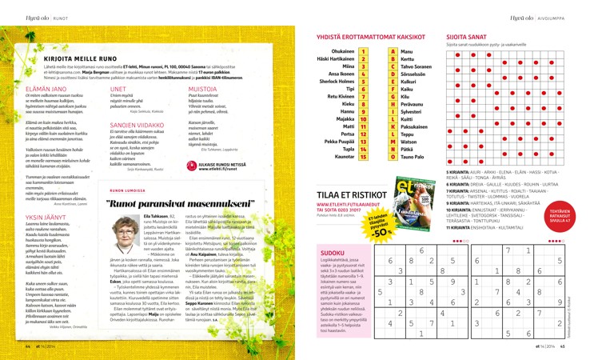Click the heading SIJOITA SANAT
465,38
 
